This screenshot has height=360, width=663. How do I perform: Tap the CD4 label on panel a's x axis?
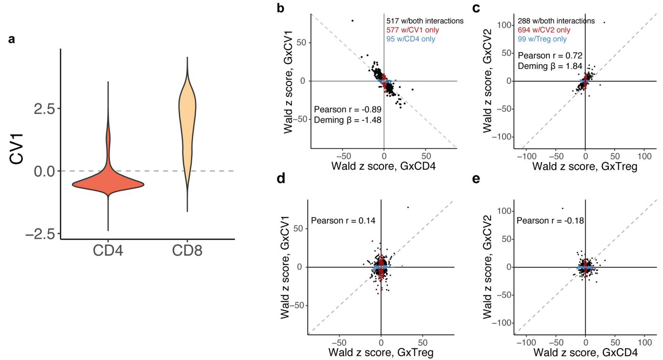coord(109,251)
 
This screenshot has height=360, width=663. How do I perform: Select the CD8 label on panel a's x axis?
coord(187,251)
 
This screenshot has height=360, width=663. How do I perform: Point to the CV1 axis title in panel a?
coord(19,149)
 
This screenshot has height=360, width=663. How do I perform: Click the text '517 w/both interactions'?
coord(425,21)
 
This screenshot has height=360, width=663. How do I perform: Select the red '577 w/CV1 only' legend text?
coord(413,30)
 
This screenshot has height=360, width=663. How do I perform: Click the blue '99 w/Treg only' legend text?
coord(542,39)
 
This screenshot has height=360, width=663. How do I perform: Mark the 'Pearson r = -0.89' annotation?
coord(347,110)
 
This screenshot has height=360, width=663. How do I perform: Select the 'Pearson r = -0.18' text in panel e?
coord(550,219)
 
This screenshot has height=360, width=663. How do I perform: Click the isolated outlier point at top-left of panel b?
coord(352,20)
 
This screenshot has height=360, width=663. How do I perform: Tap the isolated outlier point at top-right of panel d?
coord(408,207)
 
